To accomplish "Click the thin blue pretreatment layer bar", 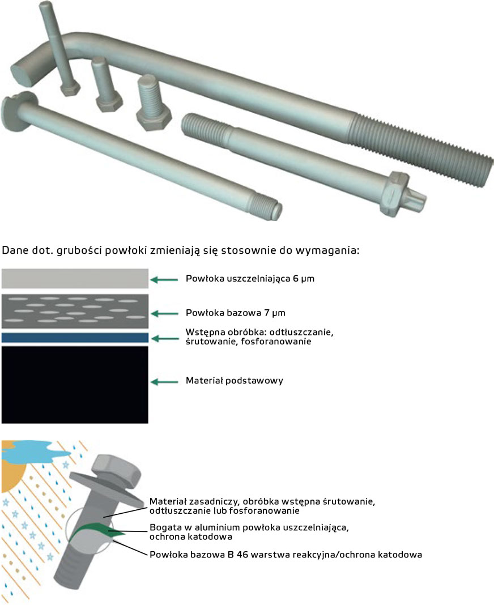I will [75, 338].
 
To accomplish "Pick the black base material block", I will [75, 385].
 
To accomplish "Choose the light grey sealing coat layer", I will [75, 279].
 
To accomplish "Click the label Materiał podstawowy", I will [234, 381].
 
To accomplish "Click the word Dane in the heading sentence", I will [14, 250].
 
